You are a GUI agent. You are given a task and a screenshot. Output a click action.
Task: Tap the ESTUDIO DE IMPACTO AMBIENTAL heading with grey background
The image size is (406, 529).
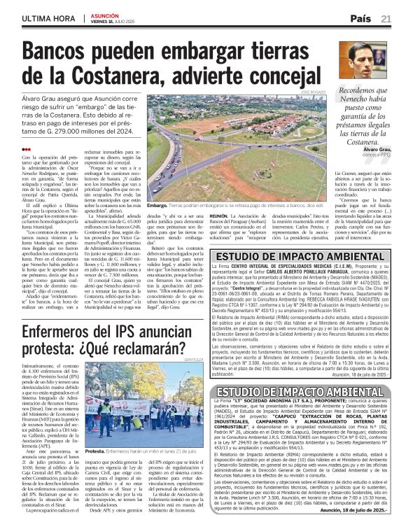point(311,391)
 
